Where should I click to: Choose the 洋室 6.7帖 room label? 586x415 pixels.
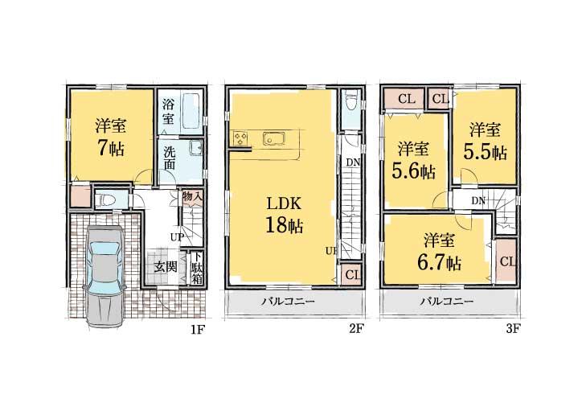439,252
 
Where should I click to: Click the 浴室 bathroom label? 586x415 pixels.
168,111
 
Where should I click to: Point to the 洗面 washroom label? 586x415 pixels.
170,158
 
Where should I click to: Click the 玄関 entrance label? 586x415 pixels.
166,266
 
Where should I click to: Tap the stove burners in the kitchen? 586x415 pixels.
240,139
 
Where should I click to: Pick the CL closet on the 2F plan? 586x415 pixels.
350,274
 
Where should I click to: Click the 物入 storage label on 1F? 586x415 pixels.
191,196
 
